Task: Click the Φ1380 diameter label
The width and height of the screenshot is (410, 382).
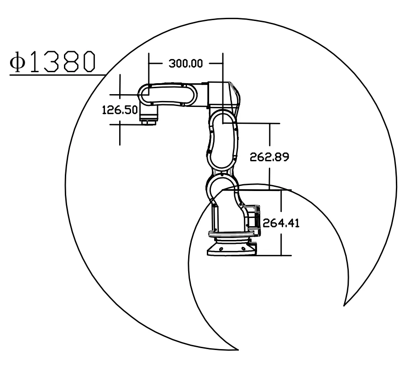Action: tap(53, 62)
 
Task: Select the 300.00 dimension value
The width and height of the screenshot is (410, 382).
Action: tap(186, 64)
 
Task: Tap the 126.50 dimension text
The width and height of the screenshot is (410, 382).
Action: tap(120, 110)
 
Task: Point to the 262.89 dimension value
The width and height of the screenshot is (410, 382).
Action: tap(269, 157)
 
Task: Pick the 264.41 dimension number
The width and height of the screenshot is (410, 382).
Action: tap(281, 223)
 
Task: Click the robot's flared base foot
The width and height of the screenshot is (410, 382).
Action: tap(231, 248)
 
